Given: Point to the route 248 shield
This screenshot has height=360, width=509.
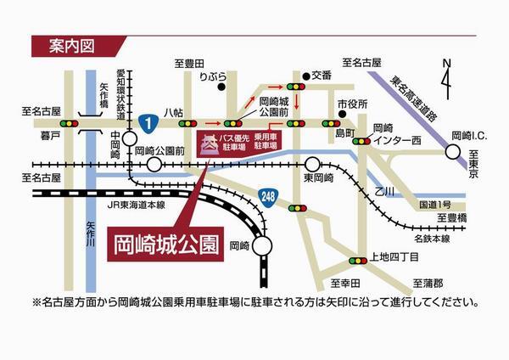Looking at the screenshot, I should point(269,196).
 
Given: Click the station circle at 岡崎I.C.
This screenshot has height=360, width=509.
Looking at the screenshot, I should point(451,153).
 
